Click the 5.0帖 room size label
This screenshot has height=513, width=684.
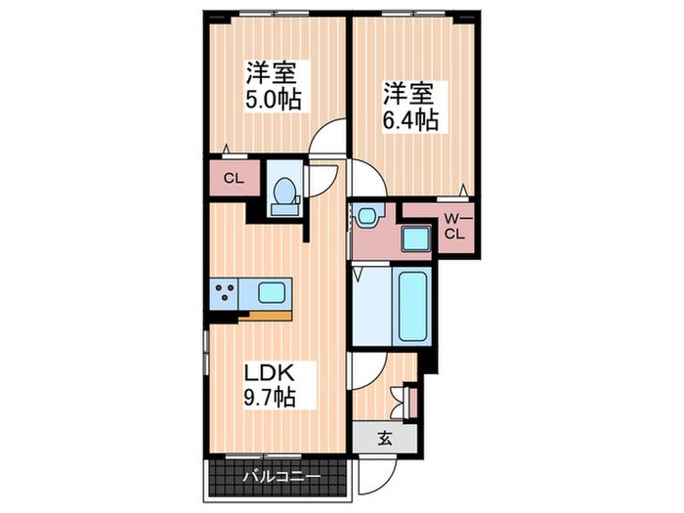pyautogui.click(x=273, y=99)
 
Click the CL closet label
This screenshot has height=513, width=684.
pyautogui.click(x=233, y=178)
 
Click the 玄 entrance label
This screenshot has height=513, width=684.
pyautogui.click(x=385, y=438)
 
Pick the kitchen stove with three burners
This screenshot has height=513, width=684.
pyautogui.click(x=224, y=290)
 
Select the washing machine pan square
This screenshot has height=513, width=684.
pyautogui.click(x=415, y=238)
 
